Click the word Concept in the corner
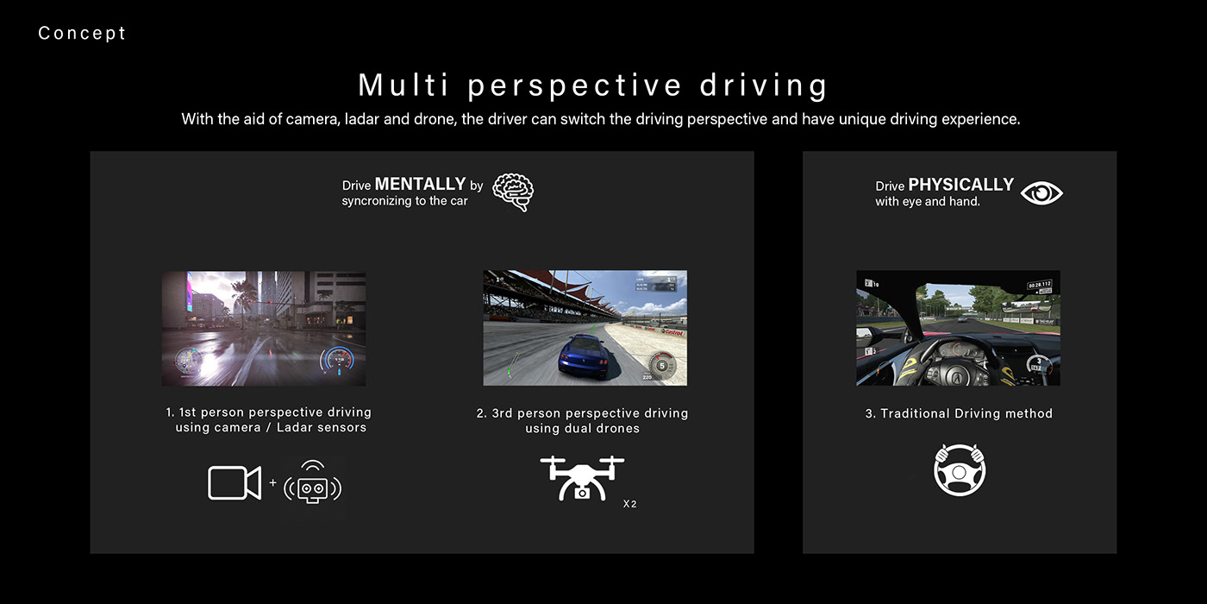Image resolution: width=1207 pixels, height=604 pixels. (x=82, y=34)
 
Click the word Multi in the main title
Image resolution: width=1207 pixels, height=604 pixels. (x=403, y=85)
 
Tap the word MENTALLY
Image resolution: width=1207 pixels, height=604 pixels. (x=421, y=184)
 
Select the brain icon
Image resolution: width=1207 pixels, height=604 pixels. (x=513, y=192)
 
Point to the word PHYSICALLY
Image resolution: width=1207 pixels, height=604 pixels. (x=960, y=185)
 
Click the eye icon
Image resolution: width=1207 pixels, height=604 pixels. (x=1041, y=193)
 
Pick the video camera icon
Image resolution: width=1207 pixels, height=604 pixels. (x=235, y=482)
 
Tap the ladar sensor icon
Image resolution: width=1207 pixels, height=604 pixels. (x=312, y=482)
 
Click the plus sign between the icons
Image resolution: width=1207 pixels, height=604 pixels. (x=272, y=482)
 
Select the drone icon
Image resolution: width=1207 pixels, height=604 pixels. (x=582, y=478)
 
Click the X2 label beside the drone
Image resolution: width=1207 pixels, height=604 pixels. (x=629, y=504)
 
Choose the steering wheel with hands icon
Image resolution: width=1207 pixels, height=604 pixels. (x=960, y=469)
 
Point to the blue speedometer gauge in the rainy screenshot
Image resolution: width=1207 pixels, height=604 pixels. (x=337, y=358)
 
